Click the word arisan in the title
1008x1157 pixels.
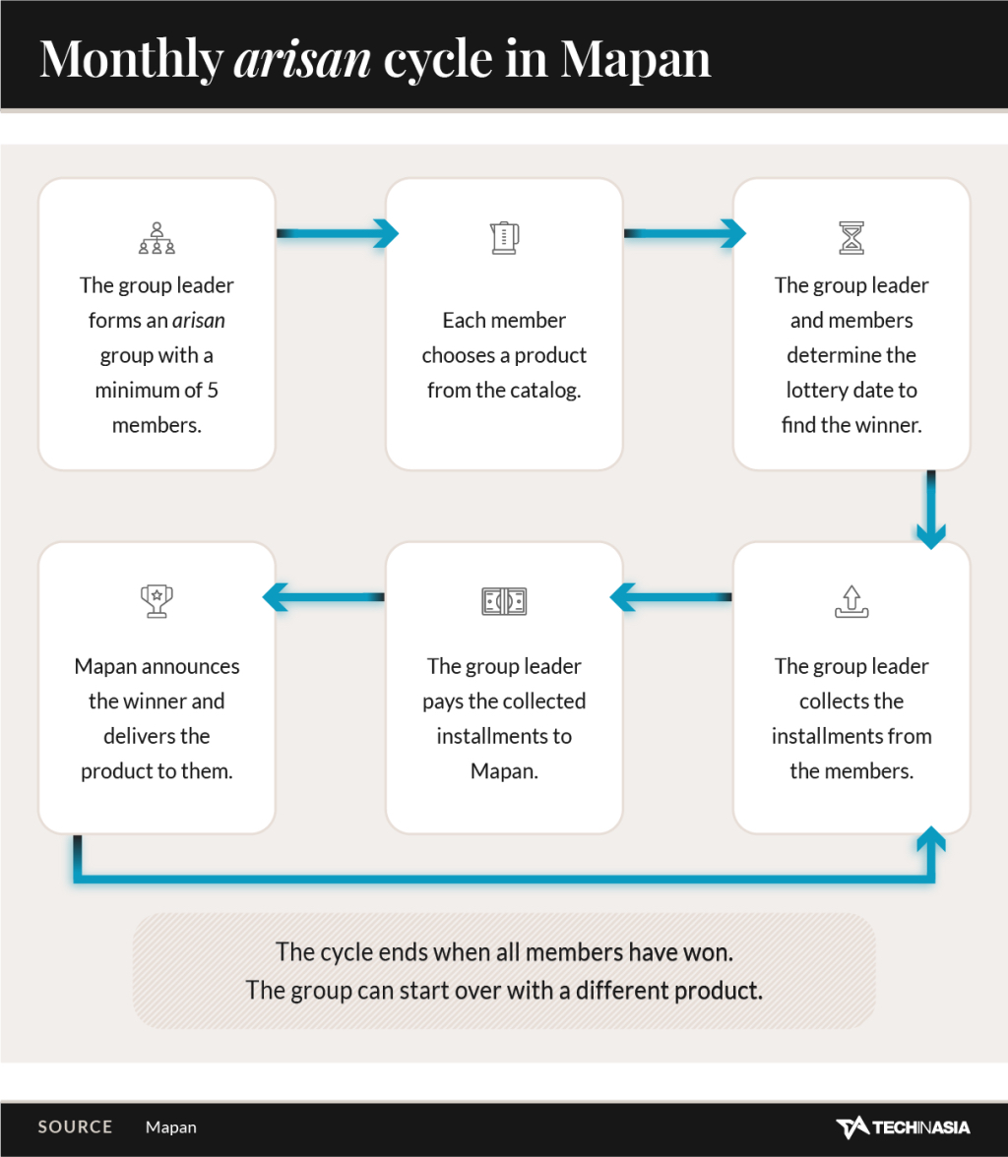302,59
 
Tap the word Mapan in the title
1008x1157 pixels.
635,59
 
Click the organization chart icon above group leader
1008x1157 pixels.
157,238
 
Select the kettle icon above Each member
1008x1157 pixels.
504,238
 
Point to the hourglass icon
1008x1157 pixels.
851,238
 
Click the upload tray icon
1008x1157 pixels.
851,601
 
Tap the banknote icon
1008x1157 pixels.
504,601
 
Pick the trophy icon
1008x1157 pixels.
157,601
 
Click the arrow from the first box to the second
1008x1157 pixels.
338,233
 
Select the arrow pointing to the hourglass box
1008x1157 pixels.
684,233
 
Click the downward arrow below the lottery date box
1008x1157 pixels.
931,510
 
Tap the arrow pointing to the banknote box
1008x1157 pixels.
670,597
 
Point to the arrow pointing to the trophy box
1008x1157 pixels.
324,597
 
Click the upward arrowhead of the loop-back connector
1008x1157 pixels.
931,839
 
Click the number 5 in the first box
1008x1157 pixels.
213,391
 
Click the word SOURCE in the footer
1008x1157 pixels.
76,1127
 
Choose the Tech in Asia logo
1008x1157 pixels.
903,1127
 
